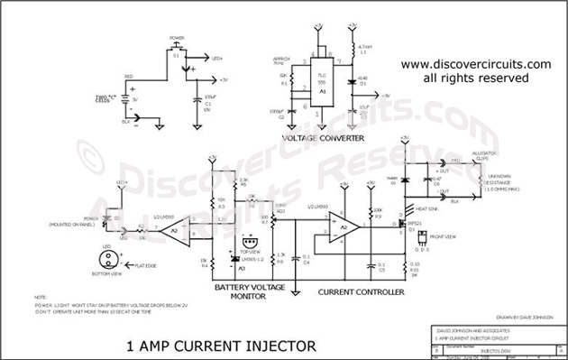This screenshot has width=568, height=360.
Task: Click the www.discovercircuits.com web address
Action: pos(475,65)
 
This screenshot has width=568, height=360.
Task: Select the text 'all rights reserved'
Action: pos(475,79)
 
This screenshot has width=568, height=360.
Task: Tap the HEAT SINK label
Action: pos(426,206)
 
